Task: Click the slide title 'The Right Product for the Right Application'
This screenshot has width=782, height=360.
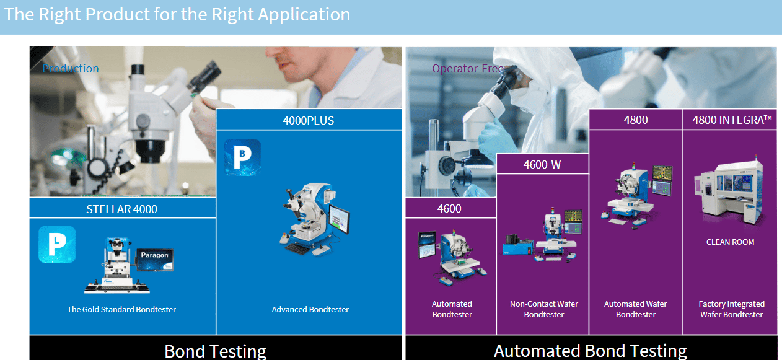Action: tap(177, 15)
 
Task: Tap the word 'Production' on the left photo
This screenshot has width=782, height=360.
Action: tap(70, 68)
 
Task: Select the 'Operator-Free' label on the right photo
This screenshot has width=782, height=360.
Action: tap(468, 68)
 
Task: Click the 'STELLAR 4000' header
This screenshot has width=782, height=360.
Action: tap(121, 209)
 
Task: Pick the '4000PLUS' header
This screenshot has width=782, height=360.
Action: tap(308, 120)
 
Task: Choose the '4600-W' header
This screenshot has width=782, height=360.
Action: tap(542, 164)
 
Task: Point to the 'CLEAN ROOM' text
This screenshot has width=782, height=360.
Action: tap(731, 242)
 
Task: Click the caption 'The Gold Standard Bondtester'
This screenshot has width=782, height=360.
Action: tap(121, 309)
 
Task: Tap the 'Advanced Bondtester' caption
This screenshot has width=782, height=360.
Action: tap(310, 309)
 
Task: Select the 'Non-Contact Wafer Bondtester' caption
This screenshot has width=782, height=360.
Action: tap(544, 309)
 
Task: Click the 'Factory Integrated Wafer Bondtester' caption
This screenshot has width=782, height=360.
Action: tap(732, 309)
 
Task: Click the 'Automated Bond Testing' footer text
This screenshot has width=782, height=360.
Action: tap(591, 351)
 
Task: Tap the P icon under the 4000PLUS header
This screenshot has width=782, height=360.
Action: tap(242, 157)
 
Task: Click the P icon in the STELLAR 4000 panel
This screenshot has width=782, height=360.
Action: tap(57, 244)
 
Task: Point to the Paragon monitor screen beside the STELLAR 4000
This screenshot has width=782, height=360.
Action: tap(155, 260)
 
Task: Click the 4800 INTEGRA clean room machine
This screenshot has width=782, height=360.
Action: tap(729, 191)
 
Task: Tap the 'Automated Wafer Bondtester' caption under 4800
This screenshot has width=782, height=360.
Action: tap(636, 309)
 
